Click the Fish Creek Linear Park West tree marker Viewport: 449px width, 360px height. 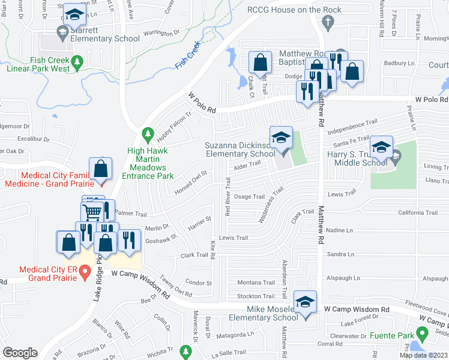(77, 61)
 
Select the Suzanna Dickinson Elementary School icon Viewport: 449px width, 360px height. (280, 138)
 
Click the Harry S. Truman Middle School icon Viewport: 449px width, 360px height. (381, 147)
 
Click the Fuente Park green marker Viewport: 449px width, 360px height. (422, 334)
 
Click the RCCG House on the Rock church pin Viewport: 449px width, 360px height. (327, 23)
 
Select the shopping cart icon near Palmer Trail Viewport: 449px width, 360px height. (92, 211)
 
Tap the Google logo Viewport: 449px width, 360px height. (20, 353)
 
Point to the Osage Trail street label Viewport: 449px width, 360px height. (249, 197)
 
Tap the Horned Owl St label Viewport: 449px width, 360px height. (190, 182)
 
